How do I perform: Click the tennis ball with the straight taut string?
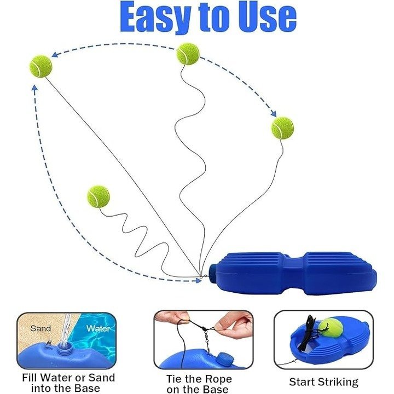40,66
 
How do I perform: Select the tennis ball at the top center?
188,54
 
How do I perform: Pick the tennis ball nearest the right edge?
282,128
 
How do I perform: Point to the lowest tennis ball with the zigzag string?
99,196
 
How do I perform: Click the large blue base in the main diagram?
293,274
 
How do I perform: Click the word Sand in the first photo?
40,328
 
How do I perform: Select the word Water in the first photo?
98,328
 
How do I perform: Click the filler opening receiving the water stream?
64,349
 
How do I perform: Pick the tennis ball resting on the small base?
332,329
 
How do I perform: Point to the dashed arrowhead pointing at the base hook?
199,280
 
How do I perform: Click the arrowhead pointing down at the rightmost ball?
274,114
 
